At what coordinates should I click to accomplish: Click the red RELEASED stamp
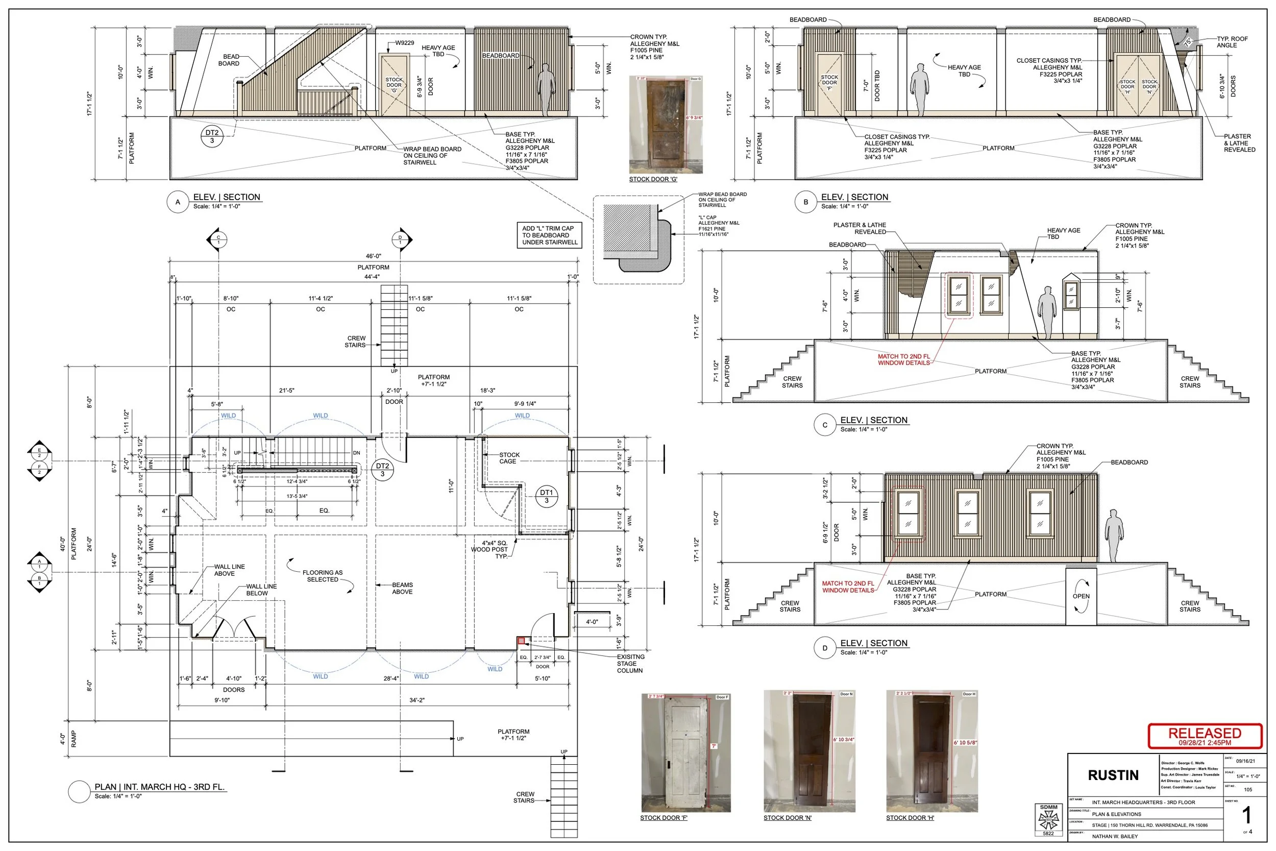(1205, 737)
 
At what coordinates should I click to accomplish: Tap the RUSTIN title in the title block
(1113, 775)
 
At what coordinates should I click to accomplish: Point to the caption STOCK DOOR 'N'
(787, 818)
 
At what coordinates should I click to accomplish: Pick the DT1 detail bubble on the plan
(546, 496)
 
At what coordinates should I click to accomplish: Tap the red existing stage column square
(521, 641)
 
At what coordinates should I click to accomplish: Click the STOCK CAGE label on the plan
(509, 458)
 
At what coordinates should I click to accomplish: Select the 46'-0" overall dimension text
(373, 256)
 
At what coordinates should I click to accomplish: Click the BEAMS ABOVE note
(403, 588)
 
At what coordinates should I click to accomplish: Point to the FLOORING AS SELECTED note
(322, 576)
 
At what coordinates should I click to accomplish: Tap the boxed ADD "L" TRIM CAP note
(549, 235)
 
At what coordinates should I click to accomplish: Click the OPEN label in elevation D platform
(1081, 596)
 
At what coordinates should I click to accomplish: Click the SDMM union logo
(1048, 819)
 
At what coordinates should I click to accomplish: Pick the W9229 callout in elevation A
(404, 43)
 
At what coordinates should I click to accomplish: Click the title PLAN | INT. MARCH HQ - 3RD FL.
(159, 787)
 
